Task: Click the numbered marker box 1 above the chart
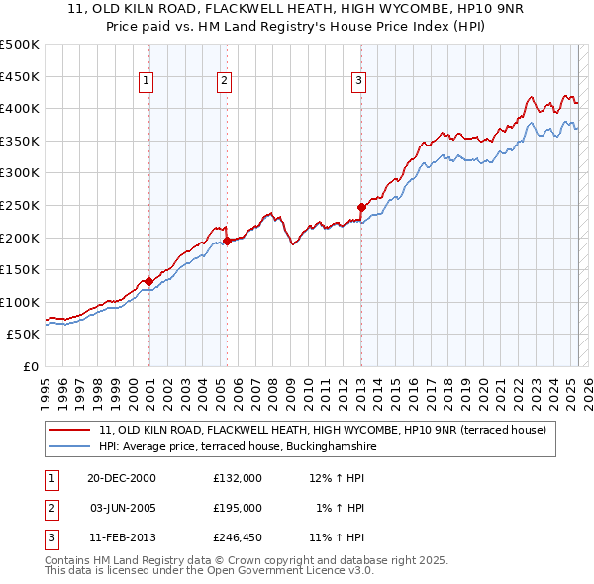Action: [x=147, y=81]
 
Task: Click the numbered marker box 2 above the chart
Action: [x=225, y=81]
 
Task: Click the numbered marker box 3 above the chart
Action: [x=358, y=81]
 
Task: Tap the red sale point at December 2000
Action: [x=148, y=281]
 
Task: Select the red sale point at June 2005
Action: [x=227, y=241]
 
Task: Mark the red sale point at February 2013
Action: [x=361, y=207]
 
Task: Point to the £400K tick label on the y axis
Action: [x=21, y=108]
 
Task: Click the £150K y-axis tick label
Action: [x=21, y=269]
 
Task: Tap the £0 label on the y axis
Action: [x=30, y=366]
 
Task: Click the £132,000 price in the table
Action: [x=238, y=478]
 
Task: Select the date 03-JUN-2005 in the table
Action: [x=123, y=508]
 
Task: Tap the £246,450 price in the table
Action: [x=238, y=537]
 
